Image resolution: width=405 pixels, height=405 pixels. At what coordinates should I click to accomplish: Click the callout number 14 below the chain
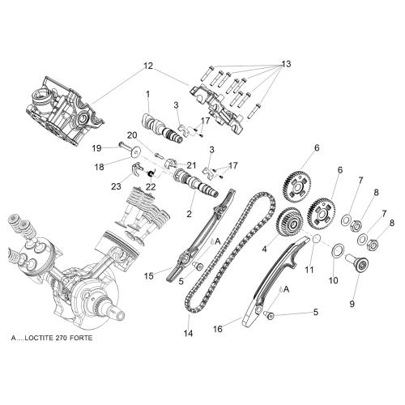click(x=189, y=334)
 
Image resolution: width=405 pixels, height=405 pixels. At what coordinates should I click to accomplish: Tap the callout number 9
click(x=352, y=304)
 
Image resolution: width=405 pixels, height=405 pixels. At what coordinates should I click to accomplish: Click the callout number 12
click(x=148, y=66)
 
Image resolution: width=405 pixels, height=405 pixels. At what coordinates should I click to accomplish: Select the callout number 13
click(x=286, y=64)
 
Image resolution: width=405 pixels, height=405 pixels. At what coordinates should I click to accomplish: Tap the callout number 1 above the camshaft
click(x=147, y=94)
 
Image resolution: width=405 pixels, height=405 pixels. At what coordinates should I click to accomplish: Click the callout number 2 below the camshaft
click(x=189, y=214)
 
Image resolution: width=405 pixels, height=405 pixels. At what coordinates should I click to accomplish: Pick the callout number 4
click(x=264, y=249)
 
